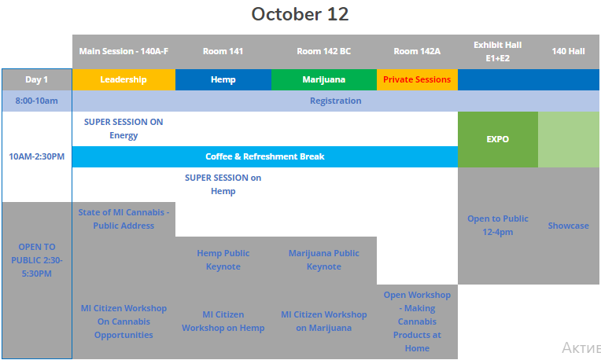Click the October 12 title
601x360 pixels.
[x=300, y=14]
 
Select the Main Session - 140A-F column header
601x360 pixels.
[x=124, y=51]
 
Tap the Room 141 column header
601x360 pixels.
[x=223, y=51]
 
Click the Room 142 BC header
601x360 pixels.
[x=324, y=51]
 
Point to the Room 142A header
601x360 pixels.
[x=417, y=51]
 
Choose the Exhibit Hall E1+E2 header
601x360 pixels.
[x=497, y=52]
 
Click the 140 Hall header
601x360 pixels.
[x=569, y=51]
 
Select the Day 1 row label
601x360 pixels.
[x=37, y=79]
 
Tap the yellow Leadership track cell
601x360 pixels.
[x=124, y=79]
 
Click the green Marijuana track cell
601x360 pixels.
[x=324, y=79]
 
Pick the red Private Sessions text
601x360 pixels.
[x=417, y=79]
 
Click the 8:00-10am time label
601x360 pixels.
[x=37, y=101]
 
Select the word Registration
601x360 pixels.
[x=336, y=101]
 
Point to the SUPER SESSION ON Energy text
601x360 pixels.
[x=124, y=129]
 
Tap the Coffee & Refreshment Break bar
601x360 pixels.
[x=265, y=156]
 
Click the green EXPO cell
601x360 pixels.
[x=497, y=139]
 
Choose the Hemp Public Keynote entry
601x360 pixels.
[x=223, y=259]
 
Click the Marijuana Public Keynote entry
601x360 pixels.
[x=324, y=259]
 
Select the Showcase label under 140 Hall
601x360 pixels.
[x=569, y=226]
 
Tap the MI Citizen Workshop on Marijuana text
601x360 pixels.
[x=324, y=321]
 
